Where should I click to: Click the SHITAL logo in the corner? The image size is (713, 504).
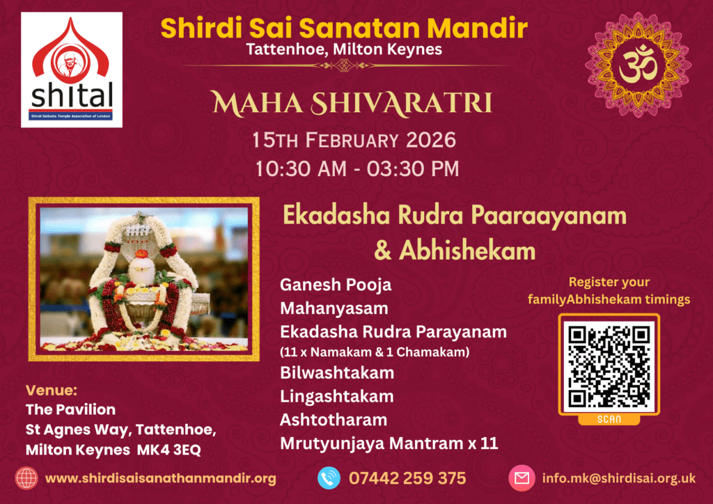pyautogui.click(x=72, y=70)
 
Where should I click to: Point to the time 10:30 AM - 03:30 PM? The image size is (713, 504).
pyautogui.click(x=354, y=169)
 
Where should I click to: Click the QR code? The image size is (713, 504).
pyautogui.click(x=609, y=366)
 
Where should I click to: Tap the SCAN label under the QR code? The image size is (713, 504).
pyautogui.click(x=609, y=419)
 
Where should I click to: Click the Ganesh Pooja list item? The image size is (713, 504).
pyautogui.click(x=336, y=285)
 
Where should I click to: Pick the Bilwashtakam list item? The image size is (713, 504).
pyautogui.click(x=337, y=372)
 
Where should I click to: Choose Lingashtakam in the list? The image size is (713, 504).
pyautogui.click(x=337, y=396)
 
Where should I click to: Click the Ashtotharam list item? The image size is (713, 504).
pyautogui.click(x=334, y=420)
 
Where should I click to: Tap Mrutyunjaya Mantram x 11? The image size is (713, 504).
pyautogui.click(x=389, y=443)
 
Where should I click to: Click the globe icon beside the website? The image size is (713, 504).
pyautogui.click(x=26, y=478)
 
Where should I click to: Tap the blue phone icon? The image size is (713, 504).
pyautogui.click(x=329, y=478)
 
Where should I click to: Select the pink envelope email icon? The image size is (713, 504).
pyautogui.click(x=520, y=478)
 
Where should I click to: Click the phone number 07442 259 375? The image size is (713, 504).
pyautogui.click(x=407, y=478)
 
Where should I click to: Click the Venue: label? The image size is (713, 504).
pyautogui.click(x=51, y=389)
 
